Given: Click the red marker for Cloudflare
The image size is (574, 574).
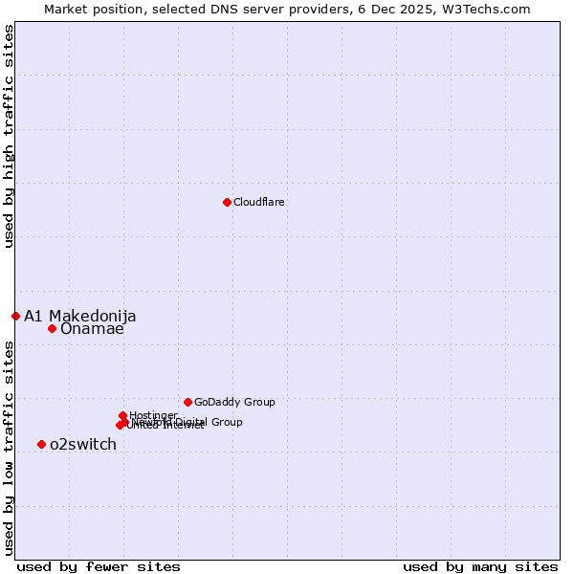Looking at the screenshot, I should (x=227, y=202).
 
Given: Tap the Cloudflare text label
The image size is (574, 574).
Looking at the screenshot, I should (x=259, y=203).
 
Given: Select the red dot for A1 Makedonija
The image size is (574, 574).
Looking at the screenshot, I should (x=15, y=316).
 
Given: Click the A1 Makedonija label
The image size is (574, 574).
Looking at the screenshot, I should (x=80, y=317).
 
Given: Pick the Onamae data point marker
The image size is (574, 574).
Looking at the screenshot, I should (x=52, y=328).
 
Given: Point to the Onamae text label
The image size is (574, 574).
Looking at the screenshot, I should (x=92, y=329).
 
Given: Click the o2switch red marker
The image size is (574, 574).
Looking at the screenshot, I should (x=41, y=444).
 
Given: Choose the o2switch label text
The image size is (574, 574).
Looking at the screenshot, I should (x=83, y=445).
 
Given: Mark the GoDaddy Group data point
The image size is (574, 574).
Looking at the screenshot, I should (x=188, y=402).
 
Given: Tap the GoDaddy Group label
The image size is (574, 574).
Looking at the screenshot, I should (x=234, y=403).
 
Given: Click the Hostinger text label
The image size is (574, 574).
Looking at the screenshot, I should (x=153, y=415).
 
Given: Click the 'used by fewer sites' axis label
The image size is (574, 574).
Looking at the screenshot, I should (x=99, y=566).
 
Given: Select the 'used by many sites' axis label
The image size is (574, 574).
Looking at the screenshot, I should (x=480, y=566).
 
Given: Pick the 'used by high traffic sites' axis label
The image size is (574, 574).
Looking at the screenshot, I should (x=10, y=136).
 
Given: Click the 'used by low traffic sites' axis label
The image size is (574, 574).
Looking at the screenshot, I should (x=10, y=448).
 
